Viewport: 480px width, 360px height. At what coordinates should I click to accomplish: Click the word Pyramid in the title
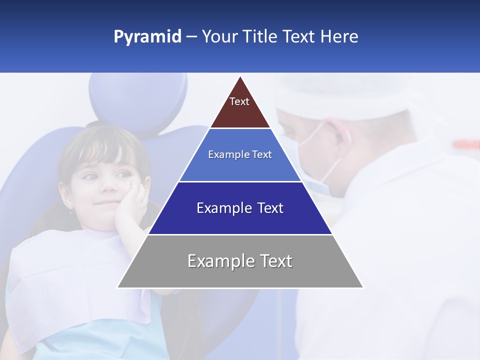(x=147, y=37)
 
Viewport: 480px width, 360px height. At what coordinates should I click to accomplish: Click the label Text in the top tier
(x=239, y=101)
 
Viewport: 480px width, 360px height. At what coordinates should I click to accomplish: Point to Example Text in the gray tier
(x=240, y=261)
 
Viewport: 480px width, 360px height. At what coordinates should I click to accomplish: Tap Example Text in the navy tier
(x=240, y=208)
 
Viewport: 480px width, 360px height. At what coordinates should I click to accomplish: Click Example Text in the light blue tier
(x=240, y=154)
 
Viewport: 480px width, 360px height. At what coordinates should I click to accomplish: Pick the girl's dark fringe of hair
(x=100, y=150)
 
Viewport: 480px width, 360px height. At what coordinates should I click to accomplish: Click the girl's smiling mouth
(x=103, y=202)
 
